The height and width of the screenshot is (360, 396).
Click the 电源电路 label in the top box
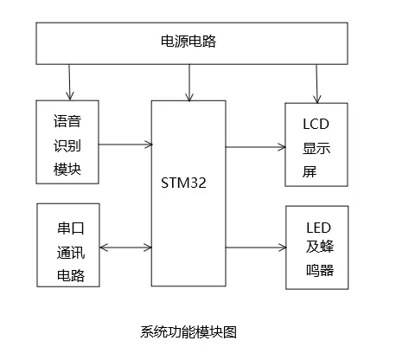[188, 42]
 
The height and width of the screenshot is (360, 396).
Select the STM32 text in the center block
[183, 183]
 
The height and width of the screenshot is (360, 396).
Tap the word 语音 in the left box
[67, 121]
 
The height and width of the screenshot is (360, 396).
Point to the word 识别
[67, 145]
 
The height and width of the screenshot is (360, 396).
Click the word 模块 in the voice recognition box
[67, 169]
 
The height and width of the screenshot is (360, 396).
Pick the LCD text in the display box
[316, 124]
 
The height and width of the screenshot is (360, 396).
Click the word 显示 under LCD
[316, 148]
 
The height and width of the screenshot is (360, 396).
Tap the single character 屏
[310, 171]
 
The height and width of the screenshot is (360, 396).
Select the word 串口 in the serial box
[71, 228]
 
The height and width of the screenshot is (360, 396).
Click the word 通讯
[71, 253]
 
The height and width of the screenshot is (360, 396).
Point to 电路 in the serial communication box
[71, 275]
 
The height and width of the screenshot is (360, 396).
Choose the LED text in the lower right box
[318, 228]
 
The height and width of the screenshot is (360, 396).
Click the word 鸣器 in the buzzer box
[320, 270]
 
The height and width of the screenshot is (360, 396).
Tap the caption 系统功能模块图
[188, 331]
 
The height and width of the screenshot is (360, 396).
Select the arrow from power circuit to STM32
[189, 83]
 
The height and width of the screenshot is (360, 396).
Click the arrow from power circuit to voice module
[69, 82]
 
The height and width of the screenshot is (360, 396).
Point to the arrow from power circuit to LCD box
[316, 84]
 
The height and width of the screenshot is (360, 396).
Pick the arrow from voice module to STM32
[125, 145]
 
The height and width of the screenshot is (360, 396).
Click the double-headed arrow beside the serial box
[125, 247]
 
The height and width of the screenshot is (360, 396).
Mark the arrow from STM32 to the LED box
[256, 247]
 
